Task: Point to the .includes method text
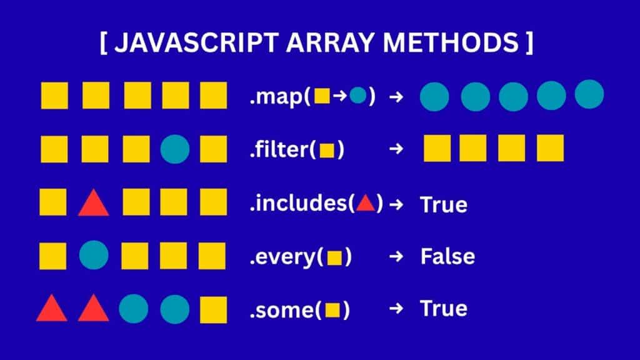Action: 301,203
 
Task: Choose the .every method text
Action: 285,256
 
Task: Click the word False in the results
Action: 447,256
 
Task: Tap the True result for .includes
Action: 443,204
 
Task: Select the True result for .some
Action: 443,309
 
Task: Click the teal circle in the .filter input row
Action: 174,149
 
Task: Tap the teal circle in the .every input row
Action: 94,256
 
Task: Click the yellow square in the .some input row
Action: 213,309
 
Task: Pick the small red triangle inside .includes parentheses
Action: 365,203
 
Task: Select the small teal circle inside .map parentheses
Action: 357,96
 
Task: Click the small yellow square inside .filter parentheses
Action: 326,151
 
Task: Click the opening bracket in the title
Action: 103,43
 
